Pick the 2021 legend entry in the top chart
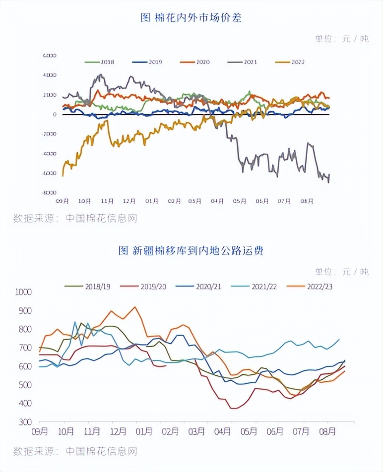pyautogui.click(x=243, y=62)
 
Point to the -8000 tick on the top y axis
pyautogui.click(x=49, y=192)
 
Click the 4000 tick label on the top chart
pyautogui.click(x=50, y=75)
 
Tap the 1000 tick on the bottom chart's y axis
pyautogui.click(x=23, y=292)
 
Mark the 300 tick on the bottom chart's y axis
pyautogui.click(x=25, y=422)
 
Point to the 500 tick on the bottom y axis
pyautogui.click(x=25, y=385)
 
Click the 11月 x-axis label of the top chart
pyautogui.click(x=107, y=201)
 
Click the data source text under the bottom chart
pyautogui.click(x=74, y=451)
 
